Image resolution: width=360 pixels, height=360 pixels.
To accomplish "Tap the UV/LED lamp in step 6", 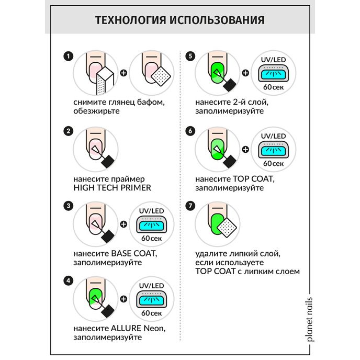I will (274, 149).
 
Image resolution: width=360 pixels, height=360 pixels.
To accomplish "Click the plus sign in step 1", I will (124, 74).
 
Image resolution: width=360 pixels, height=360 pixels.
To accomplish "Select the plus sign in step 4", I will (124, 299).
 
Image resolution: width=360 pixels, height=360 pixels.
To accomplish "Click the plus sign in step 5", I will (246, 74).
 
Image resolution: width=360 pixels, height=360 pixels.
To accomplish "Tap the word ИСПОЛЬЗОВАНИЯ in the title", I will (217, 20).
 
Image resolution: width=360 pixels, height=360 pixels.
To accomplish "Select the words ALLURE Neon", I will (138, 329).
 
